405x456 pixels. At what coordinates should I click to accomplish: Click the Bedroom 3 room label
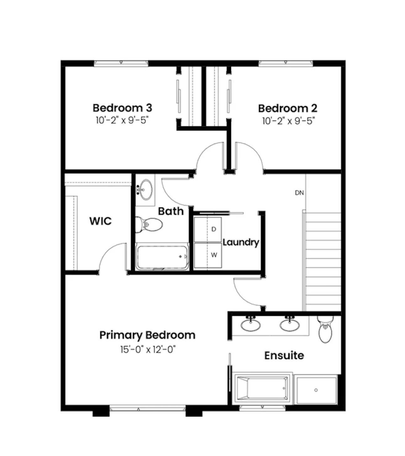tap(122, 108)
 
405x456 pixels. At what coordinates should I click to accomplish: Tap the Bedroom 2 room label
tap(287, 109)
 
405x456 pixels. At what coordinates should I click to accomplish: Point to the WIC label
tap(100, 221)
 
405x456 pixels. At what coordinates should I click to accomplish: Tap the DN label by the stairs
tap(299, 193)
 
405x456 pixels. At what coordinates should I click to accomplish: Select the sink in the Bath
tap(145, 190)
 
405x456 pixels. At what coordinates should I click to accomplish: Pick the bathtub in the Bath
tap(162, 257)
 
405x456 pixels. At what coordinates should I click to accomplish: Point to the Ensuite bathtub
tap(263, 389)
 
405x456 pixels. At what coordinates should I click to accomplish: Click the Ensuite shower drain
tap(316, 390)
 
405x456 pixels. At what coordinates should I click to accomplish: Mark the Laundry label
tap(241, 242)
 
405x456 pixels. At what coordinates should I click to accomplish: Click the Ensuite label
tap(284, 356)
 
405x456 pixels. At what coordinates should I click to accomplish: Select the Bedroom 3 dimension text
tap(122, 120)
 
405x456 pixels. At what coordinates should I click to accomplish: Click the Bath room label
tap(171, 211)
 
